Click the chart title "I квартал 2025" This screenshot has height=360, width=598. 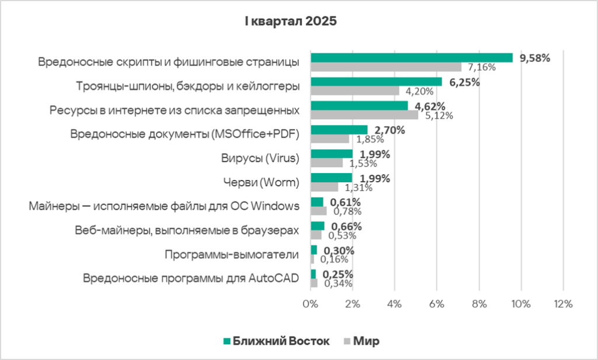[x=290, y=22]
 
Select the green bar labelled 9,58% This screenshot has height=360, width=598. [x=411, y=58]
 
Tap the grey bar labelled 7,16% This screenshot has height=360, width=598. [x=385, y=67]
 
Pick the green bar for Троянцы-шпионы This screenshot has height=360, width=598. [x=376, y=82]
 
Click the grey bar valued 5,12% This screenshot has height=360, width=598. [x=364, y=115]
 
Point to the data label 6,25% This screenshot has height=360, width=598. [x=464, y=82]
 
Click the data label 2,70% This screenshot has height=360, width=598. [x=390, y=130]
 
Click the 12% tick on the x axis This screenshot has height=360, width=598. [x=562, y=304]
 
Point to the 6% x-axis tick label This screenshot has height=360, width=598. [x=436, y=304]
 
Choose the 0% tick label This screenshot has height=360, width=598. [x=310, y=304]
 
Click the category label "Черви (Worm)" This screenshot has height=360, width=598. [x=260, y=182]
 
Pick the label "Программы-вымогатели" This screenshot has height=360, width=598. [x=232, y=254]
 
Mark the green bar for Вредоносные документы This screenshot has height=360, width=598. [x=339, y=130]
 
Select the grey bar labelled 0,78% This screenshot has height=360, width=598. [x=318, y=210]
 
